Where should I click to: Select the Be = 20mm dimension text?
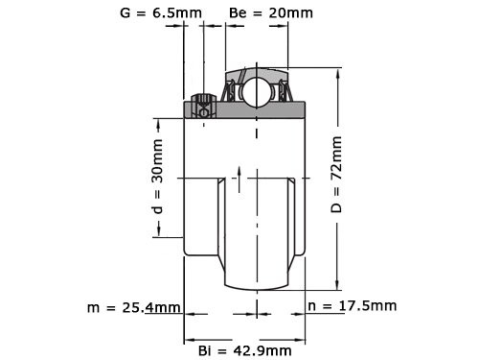[271, 13]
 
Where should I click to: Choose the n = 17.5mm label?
[353, 306]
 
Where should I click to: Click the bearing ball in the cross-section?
[256, 92]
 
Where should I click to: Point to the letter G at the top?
[125, 13]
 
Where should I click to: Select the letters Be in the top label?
[239, 13]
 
